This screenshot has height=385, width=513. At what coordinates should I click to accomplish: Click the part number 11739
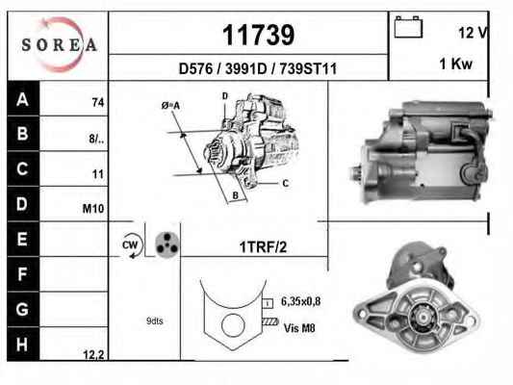[259, 35]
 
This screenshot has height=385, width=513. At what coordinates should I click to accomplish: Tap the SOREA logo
[60, 45]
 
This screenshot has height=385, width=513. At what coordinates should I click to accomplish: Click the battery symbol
[408, 27]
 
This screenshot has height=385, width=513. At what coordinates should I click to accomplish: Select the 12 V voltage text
[473, 33]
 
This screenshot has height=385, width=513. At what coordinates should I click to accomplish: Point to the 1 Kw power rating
[456, 64]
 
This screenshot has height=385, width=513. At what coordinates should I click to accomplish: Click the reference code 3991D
[246, 68]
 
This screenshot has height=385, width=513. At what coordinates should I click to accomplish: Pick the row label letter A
[22, 99]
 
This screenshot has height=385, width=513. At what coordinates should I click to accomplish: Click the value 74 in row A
[98, 103]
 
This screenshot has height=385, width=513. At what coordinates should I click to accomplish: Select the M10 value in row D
[93, 208]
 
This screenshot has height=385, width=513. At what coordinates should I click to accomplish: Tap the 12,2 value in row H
[93, 354]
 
